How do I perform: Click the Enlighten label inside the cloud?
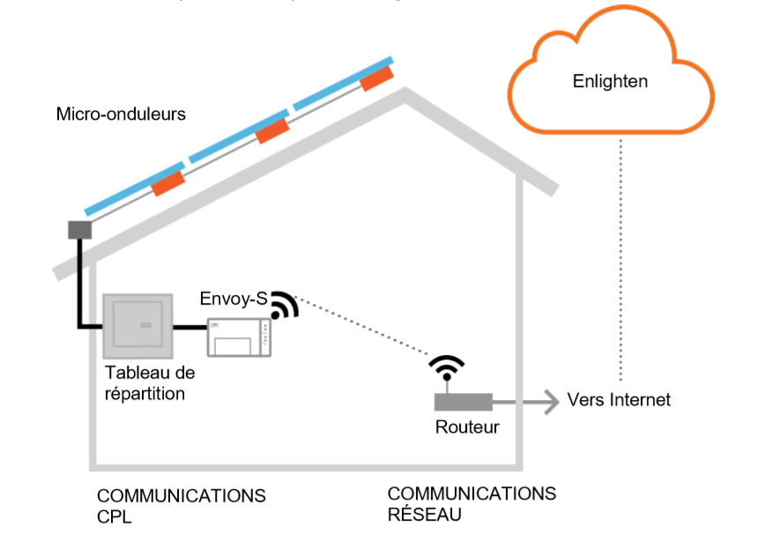pyautogui.click(x=610, y=82)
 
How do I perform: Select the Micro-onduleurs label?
pyautogui.click(x=121, y=115)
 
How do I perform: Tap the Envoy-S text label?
pyautogui.click(x=233, y=299)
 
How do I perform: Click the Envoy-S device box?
pyautogui.click(x=239, y=337)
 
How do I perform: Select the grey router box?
pyautogui.click(x=463, y=402)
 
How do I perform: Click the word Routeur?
pyautogui.click(x=467, y=427)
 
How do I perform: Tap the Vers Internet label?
pyautogui.click(x=619, y=400)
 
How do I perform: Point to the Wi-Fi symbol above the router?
pyautogui.click(x=447, y=367)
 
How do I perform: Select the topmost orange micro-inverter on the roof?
pyautogui.click(x=376, y=78)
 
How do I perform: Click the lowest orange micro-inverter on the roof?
pyautogui.click(x=168, y=184)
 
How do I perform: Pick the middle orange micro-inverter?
pyautogui.click(x=272, y=131)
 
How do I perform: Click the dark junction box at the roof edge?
pyautogui.click(x=80, y=230)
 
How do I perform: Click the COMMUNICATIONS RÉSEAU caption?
pyautogui.click(x=471, y=503)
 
